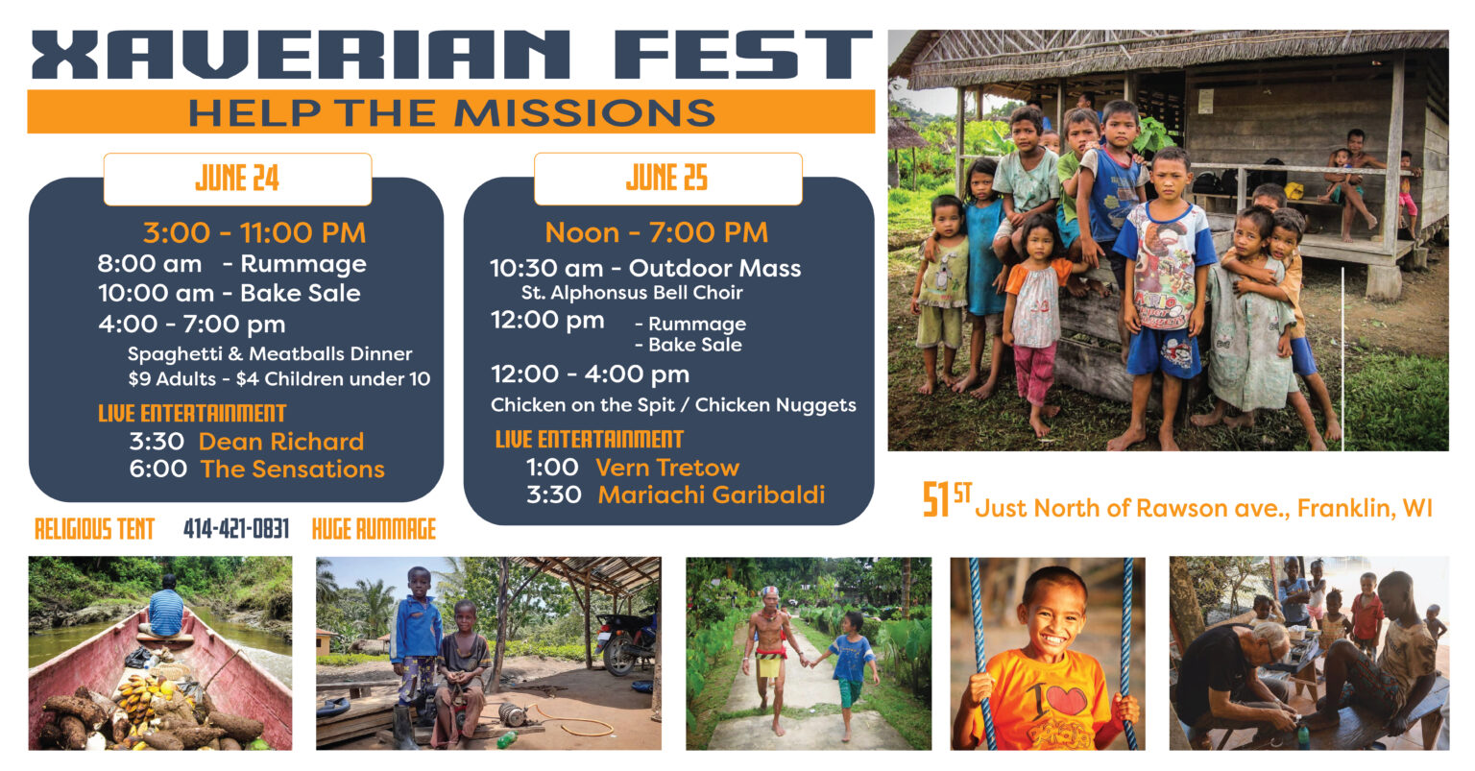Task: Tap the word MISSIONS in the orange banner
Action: [x=585, y=112]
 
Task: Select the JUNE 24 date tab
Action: [x=237, y=179]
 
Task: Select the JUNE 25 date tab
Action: [x=667, y=179]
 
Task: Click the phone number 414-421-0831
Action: [x=236, y=529]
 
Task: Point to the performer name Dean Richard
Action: [x=281, y=442]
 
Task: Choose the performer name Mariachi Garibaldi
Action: [x=711, y=494]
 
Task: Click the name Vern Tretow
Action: [x=667, y=468]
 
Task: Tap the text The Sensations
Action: [x=293, y=470]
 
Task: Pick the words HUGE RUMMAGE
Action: [x=374, y=529]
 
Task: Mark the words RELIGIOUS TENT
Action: [x=94, y=529]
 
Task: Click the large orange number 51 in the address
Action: [x=936, y=501]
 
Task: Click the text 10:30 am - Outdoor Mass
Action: [x=645, y=269]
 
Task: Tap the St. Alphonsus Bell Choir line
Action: [x=632, y=293]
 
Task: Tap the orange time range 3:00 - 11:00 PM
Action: [x=254, y=232]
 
